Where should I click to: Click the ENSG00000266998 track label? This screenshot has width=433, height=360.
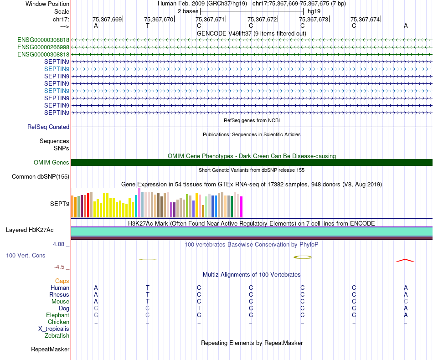[x=43, y=47]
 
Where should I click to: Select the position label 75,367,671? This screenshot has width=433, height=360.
[x=210, y=20]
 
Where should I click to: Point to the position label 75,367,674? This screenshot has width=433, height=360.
[x=365, y=20]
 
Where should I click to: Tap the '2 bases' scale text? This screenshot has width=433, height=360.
[x=188, y=11]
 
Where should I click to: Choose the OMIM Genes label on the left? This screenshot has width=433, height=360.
[x=52, y=163]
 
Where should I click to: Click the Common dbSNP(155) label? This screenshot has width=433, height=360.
[x=41, y=177]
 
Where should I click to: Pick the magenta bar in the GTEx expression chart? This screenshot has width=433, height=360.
[x=242, y=207]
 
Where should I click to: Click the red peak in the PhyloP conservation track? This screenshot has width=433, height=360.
[x=405, y=260]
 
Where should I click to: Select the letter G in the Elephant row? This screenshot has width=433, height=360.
[x=96, y=315]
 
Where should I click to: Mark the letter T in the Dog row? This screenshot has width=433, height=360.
[x=199, y=309]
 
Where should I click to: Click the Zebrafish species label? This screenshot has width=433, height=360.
[x=57, y=336]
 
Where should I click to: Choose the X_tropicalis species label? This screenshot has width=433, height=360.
[x=54, y=329]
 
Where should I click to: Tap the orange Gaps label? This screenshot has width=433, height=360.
[x=62, y=281]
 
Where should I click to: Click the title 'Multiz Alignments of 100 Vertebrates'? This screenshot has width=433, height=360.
[x=252, y=275]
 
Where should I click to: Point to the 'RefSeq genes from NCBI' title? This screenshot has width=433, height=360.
[x=252, y=120]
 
